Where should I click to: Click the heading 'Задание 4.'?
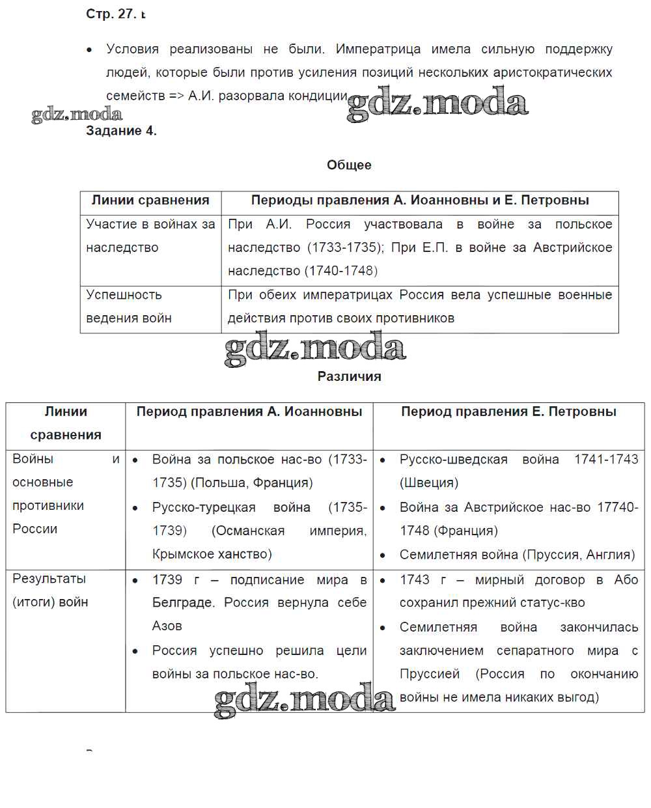click(x=121, y=131)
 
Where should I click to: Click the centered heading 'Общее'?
click(x=349, y=165)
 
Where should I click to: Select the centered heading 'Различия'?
click(x=349, y=376)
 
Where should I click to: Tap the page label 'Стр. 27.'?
click(x=111, y=14)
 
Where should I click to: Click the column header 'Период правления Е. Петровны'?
click(x=508, y=411)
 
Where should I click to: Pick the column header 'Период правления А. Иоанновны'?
click(x=249, y=411)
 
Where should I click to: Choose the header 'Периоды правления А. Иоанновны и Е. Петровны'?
click(x=420, y=201)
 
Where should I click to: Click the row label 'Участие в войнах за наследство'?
click(x=150, y=236)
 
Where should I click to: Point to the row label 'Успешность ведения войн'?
click(x=129, y=306)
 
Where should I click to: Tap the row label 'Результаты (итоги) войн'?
click(x=50, y=590)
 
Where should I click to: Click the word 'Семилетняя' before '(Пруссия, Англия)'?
click(x=437, y=555)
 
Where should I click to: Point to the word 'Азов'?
click(x=167, y=626)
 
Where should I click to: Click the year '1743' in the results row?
click(x=415, y=579)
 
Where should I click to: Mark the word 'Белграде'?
click(x=183, y=603)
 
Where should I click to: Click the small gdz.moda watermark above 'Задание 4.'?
click(x=77, y=115)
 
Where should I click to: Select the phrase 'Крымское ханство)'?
click(x=212, y=554)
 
